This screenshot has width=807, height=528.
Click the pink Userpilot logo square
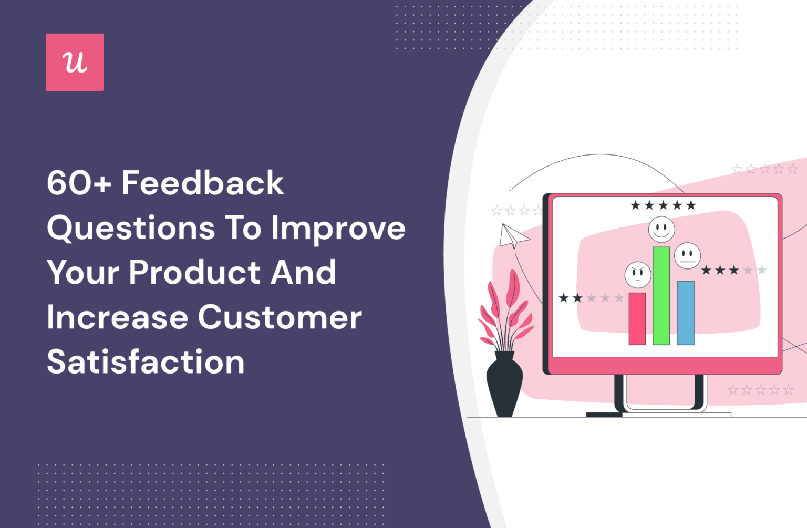point(75,63)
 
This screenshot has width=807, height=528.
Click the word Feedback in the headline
point(203,183)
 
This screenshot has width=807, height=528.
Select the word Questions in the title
point(131,228)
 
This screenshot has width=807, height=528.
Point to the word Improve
point(338,228)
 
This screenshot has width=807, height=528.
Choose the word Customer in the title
point(280,317)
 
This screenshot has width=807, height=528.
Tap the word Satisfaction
point(146,362)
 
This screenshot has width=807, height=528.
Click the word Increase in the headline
point(117,317)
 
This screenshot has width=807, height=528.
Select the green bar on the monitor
point(661,296)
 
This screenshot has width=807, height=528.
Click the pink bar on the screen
point(637,318)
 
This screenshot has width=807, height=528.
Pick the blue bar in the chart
point(686,313)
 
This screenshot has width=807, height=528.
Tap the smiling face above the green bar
point(661,230)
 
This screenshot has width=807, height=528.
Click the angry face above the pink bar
point(637,274)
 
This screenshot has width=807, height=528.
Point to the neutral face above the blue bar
point(687,255)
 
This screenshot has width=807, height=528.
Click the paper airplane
point(512,236)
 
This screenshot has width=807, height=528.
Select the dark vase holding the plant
point(504,384)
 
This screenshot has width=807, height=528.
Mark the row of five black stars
point(663,205)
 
